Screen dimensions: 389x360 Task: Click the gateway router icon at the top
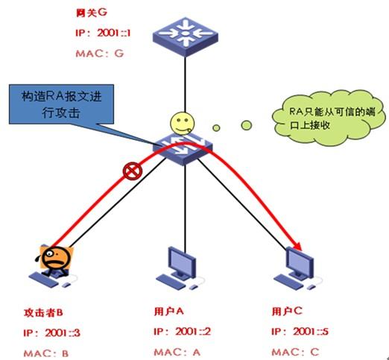pos(185,37)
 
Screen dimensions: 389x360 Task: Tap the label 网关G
pos(92,13)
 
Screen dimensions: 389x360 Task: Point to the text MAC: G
pos(100,54)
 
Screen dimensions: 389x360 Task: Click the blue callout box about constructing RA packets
pos(61,104)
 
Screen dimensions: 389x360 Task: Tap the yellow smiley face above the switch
pos(182,123)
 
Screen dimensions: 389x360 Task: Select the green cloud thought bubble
pos(329,118)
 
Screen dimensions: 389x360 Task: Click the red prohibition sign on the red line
pos(133,171)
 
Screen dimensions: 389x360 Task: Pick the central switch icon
pos(183,148)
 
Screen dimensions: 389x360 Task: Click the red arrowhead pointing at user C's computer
pos(297,246)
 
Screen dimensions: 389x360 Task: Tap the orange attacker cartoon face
pos(56,258)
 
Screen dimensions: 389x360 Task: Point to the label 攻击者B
pos(43,312)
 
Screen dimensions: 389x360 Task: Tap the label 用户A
pos(169,311)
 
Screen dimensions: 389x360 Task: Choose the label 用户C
pos(287,311)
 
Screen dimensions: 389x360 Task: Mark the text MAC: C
pos(296,352)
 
